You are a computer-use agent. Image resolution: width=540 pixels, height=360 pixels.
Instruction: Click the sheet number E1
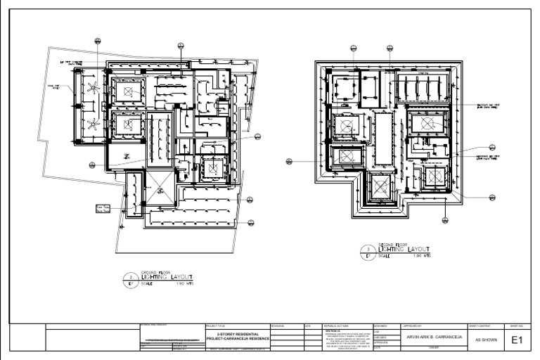pyautogui.click(x=517, y=340)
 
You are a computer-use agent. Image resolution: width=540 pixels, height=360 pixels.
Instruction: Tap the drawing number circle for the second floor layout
pyautogui.click(x=369, y=252)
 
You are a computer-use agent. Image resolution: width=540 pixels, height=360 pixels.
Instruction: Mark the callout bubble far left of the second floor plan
pyautogui.click(x=288, y=161)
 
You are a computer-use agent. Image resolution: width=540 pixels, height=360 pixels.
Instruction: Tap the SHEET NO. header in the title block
pyautogui.click(x=517, y=326)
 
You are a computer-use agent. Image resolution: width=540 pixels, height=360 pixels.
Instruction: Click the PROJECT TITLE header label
pyautogui.click(x=216, y=326)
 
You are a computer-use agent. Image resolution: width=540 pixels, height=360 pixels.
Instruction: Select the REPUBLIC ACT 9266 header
pyautogui.click(x=336, y=326)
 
